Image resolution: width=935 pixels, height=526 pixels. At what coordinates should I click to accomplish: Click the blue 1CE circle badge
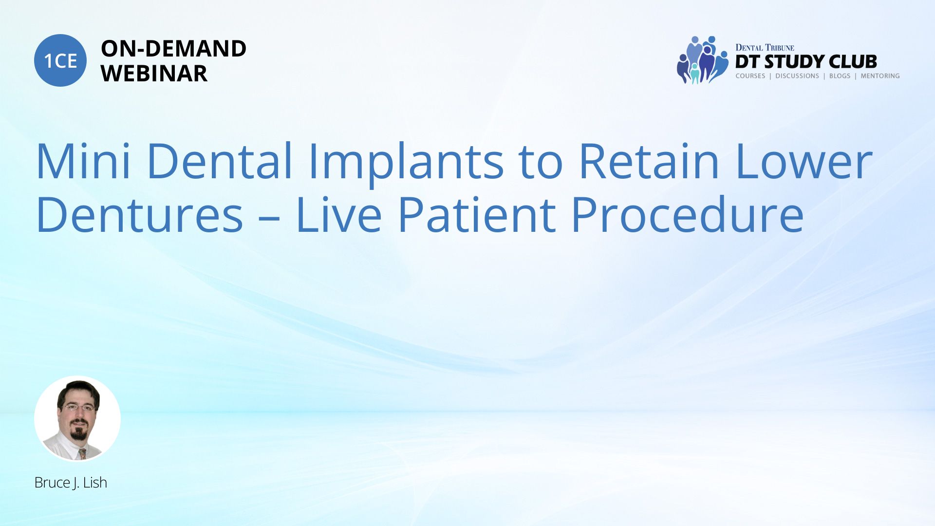[x=60, y=60]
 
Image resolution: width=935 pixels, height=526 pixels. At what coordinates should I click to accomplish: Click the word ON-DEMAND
[x=173, y=49]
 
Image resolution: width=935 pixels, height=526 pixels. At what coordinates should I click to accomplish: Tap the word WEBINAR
[x=154, y=74]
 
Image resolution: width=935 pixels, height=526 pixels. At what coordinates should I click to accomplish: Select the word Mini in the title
[x=83, y=161]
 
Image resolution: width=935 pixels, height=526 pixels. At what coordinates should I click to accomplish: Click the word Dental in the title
[x=220, y=160]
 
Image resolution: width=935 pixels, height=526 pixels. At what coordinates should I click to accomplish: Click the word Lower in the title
[x=804, y=161]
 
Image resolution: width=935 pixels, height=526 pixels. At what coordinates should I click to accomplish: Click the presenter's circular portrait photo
[x=77, y=418]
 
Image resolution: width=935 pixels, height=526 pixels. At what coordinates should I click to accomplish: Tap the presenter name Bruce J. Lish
[x=71, y=483]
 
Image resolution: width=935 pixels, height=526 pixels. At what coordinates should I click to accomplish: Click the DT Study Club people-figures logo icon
[x=702, y=60]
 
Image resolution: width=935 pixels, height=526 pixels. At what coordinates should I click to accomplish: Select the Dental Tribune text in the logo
[x=765, y=48]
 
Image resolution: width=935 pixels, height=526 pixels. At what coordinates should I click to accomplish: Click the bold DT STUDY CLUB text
[x=806, y=62]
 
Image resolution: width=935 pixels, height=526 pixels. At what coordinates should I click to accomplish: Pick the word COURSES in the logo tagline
[x=750, y=76]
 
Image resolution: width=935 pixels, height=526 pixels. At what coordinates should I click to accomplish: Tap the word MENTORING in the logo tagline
[x=880, y=76]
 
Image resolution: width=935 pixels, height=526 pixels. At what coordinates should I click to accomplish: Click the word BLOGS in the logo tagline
[x=840, y=76]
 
